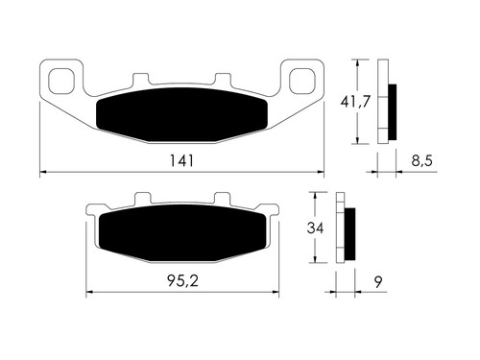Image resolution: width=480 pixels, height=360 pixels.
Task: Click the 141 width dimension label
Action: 181,160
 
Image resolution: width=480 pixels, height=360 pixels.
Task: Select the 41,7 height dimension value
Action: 355,102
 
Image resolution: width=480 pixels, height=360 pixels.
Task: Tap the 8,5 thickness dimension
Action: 421,160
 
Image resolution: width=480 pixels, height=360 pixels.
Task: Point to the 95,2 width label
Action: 182,281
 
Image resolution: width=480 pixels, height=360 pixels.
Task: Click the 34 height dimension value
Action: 315,228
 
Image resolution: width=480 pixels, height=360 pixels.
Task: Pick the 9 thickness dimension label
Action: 378,281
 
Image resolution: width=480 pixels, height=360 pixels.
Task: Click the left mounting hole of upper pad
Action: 61,82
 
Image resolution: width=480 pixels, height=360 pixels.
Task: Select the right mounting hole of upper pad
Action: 302,82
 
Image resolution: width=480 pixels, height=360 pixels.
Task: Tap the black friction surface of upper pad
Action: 181,114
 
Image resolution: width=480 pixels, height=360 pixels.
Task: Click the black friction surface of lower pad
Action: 182,232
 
